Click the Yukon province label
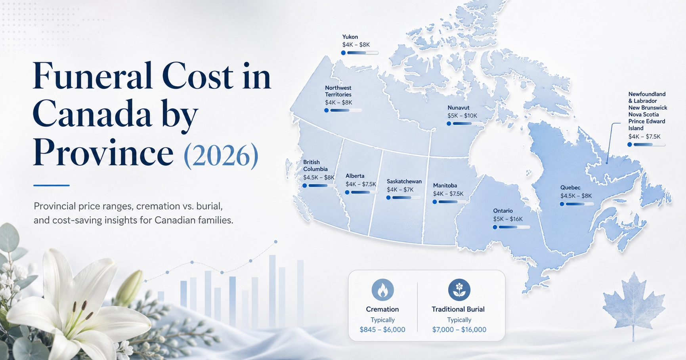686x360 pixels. [x=350, y=37]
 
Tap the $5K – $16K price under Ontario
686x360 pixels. [x=508, y=219]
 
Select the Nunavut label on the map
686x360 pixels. [x=458, y=108]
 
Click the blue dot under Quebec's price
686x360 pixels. [x=562, y=204]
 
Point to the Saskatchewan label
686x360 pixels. [x=404, y=181]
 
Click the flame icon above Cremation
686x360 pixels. [x=382, y=290]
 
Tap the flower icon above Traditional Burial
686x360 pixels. [x=459, y=290]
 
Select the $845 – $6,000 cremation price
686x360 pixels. [x=382, y=330]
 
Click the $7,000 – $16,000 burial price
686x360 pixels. [x=459, y=330]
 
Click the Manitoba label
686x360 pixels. [x=445, y=185]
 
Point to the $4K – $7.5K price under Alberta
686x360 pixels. [x=361, y=184]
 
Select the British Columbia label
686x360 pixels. [x=315, y=166]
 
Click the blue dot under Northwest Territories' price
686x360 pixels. [x=327, y=110]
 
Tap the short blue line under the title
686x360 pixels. [x=52, y=185]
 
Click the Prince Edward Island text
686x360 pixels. [x=646, y=125]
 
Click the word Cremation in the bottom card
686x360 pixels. [x=382, y=309]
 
